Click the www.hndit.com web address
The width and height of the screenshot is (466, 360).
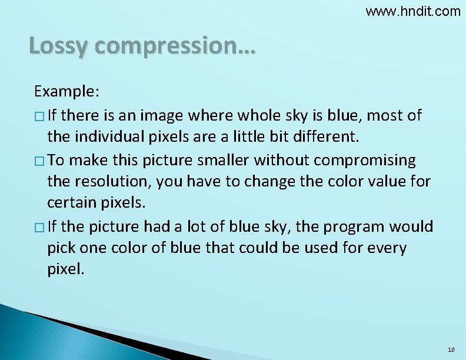tap(413, 11)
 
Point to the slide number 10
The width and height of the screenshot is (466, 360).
tap(451, 350)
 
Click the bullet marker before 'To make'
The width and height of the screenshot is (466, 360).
tap(39, 161)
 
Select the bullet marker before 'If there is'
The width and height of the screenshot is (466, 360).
tap(39, 115)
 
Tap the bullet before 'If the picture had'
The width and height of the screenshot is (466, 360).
tap(39, 227)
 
